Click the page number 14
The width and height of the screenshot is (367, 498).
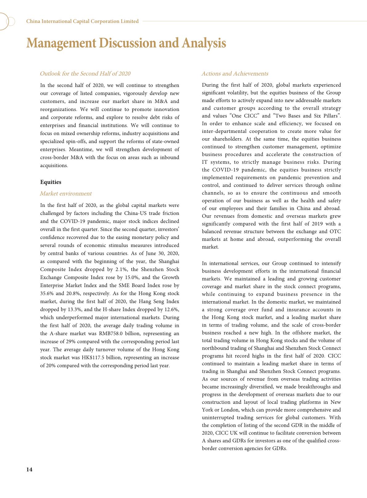pos(29,470)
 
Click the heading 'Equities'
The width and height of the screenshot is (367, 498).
pos(51,182)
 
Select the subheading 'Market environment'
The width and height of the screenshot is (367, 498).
pos(66,194)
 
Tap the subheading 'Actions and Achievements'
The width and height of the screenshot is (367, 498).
pos(235,74)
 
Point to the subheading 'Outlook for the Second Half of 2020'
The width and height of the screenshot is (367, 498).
pos(85,74)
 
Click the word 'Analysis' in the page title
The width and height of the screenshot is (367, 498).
pos(204,43)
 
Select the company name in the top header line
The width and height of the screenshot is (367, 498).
pos(82,21)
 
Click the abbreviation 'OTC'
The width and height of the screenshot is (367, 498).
pos(335,232)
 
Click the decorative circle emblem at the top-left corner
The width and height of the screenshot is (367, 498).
pos(7,21)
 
